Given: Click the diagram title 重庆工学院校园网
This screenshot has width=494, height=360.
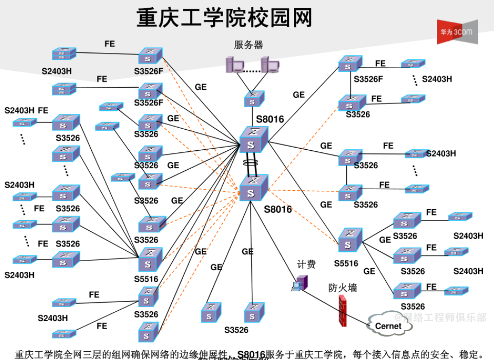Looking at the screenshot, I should [224, 18].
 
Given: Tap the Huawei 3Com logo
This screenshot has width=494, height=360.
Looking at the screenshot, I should [457, 32].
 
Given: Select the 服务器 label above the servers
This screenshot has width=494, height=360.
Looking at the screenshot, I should [248, 45].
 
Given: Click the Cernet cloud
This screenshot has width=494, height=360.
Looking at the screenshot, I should [388, 326].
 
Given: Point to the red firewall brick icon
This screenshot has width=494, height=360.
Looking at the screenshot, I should [342, 311].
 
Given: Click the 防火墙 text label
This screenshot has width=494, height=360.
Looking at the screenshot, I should [342, 288].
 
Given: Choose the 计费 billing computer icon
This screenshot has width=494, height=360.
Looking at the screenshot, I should [300, 283].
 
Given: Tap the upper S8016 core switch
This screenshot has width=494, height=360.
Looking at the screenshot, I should [253, 140].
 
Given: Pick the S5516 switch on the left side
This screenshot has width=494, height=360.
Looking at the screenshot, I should [149, 259].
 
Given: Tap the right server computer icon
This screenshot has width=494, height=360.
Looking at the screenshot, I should [270, 66].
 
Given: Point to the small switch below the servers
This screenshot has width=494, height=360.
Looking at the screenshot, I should [253, 98].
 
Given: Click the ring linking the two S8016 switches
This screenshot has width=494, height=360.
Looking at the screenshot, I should [251, 165].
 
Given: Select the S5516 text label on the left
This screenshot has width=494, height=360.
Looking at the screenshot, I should [147, 279].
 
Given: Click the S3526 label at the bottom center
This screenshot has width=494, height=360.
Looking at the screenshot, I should [236, 330].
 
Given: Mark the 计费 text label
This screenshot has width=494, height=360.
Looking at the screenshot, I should [306, 265].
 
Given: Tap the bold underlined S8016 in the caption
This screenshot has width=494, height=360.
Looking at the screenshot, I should [251, 354].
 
